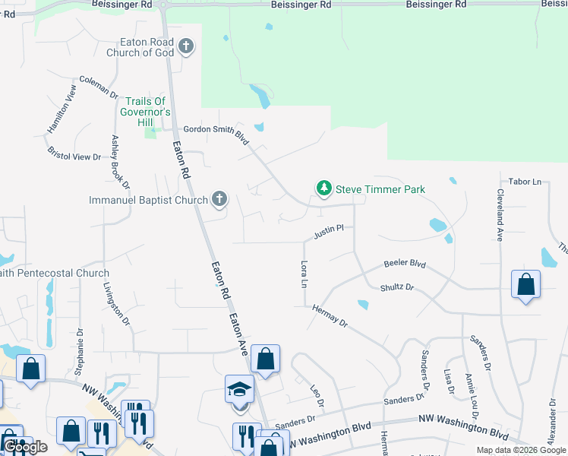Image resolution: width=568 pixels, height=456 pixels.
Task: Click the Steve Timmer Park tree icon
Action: [324, 188]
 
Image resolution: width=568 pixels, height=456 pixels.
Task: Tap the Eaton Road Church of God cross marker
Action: [186, 48]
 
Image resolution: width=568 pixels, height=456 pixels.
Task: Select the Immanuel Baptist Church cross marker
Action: [219, 200]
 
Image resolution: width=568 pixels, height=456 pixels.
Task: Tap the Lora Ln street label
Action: [305, 274]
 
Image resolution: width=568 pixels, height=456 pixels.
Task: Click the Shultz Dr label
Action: [397, 287]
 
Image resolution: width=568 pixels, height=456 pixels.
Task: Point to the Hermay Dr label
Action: [330, 315]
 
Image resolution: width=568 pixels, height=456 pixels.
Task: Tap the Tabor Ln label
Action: [525, 182]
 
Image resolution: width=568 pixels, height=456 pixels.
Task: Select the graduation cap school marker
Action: [239, 391]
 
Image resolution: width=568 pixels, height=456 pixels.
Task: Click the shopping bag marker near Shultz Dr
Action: [525, 285]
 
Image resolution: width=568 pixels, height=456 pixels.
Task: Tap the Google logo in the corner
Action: [26, 448]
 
